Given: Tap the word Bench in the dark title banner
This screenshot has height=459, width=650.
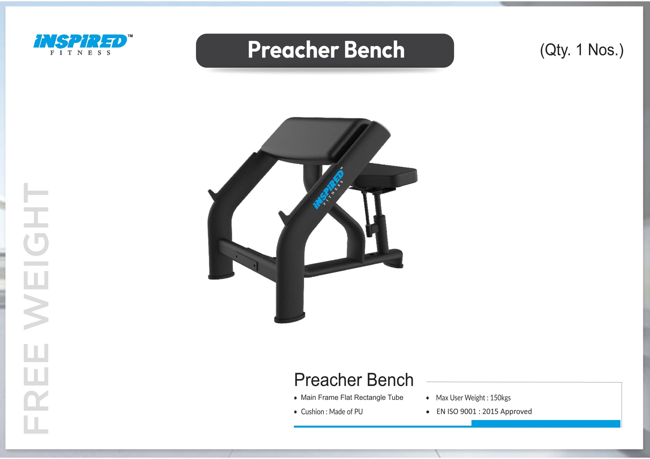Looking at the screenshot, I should point(374,50).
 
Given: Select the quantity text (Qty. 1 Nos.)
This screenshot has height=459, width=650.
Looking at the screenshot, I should point(581,50).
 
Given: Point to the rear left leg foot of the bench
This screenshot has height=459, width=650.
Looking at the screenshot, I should point(221,276).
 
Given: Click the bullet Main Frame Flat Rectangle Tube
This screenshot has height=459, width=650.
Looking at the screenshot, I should point(352,398).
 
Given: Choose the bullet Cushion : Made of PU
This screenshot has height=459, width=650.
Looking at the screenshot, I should point(331,412).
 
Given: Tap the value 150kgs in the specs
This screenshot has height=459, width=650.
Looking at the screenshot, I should point(500,398).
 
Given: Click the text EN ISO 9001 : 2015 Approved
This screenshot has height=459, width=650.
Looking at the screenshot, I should point(484,412).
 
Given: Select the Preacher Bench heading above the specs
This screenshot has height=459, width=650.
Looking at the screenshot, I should point(354,380).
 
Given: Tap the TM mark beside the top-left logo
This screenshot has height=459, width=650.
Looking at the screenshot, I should point(130,36).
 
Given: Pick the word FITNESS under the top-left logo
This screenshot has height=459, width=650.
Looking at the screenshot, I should point(80,53).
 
